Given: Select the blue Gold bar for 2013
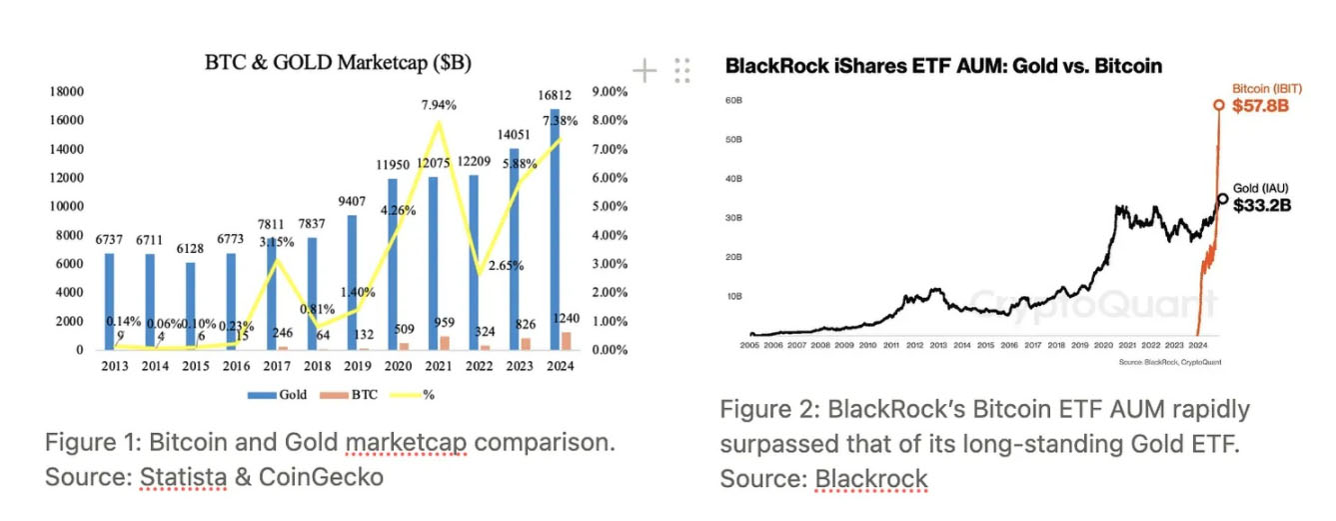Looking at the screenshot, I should [x=110, y=301].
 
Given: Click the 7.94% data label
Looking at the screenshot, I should [x=440, y=104].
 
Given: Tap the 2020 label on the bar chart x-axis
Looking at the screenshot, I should [x=399, y=366].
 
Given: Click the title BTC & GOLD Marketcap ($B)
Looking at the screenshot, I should [x=338, y=62].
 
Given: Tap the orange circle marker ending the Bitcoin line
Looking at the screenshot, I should [x=1218, y=104].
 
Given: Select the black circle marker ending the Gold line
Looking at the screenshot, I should [x=1222, y=198].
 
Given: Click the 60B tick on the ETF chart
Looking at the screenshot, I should [x=732, y=101].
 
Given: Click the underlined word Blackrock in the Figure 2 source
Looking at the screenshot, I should [x=871, y=478].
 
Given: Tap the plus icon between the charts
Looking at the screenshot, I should [x=645, y=70].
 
